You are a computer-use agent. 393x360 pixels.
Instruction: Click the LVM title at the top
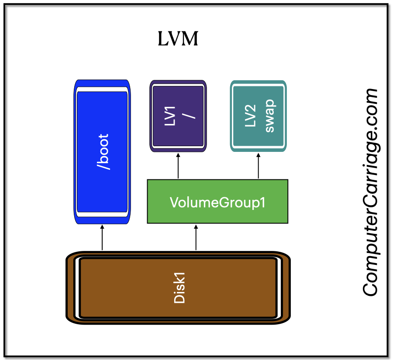pyautogui.click(x=178, y=40)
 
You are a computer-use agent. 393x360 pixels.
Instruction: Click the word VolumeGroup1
pyautogui.click(x=217, y=202)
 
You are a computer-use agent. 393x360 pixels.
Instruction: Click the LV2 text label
pyautogui.click(x=250, y=116)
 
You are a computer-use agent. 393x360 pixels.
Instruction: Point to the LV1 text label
pyautogui.click(x=170, y=116)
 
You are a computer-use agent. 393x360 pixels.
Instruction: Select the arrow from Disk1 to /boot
pyautogui.click(x=102, y=238)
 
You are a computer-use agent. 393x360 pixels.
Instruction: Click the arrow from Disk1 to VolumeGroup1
pyautogui.click(x=196, y=238)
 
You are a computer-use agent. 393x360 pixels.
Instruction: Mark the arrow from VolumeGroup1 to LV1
pyautogui.click(x=178, y=166)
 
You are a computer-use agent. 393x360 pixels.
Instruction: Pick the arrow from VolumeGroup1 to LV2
pyautogui.click(x=258, y=166)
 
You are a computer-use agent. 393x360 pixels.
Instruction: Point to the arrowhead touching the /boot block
pyautogui.click(x=102, y=227)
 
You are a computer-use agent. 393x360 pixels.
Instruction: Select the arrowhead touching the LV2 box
pyautogui.click(x=258, y=155)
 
